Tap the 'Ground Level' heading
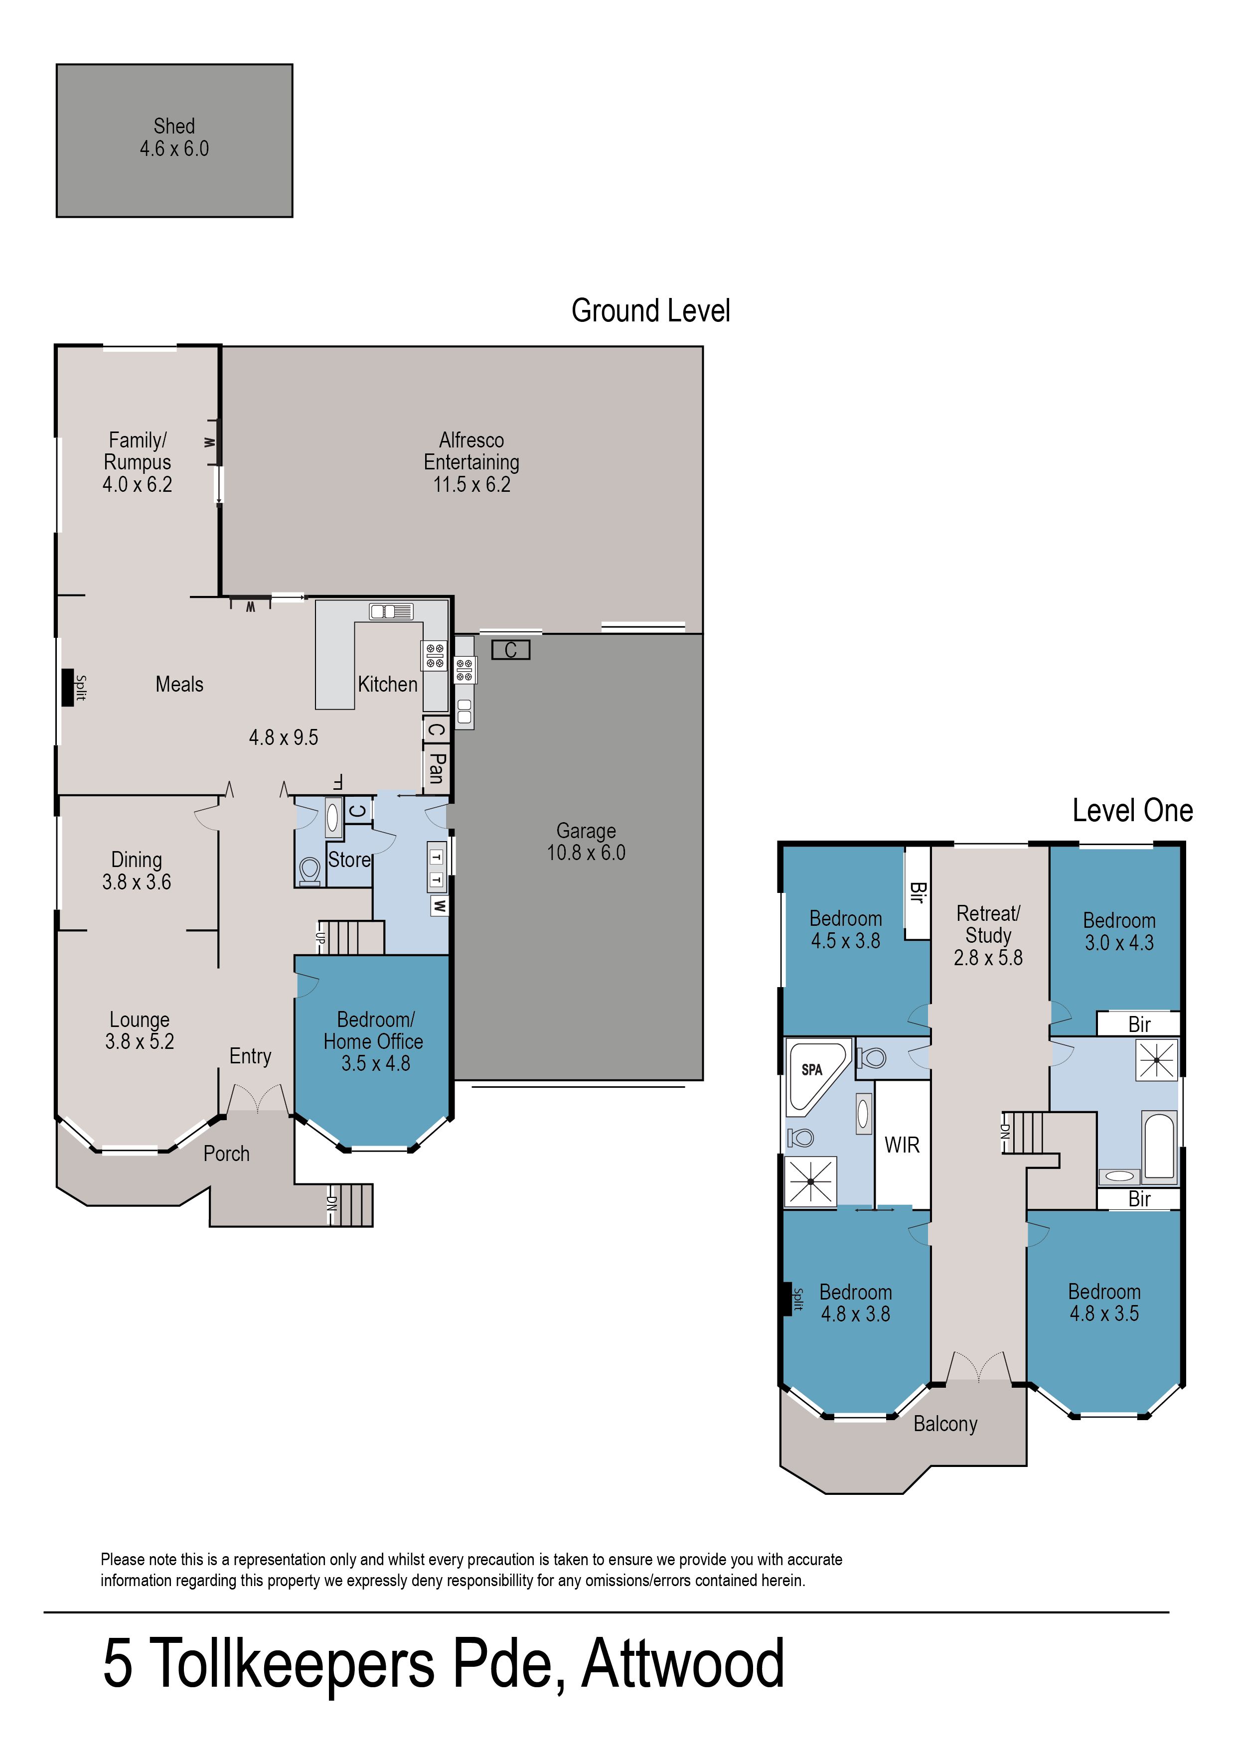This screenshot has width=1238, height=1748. tap(651, 311)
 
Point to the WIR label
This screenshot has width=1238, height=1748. tap(902, 1145)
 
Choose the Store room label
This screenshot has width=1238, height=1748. tap(349, 860)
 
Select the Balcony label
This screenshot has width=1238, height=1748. tap(945, 1424)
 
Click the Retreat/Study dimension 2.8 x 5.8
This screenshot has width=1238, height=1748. tap(988, 958)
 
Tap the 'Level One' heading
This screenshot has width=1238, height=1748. tap(1133, 811)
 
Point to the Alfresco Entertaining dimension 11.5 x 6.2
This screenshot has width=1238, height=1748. tap(472, 485)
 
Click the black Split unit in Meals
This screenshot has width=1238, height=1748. tap(67, 687)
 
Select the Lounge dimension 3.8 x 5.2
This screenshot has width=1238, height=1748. tap(140, 1041)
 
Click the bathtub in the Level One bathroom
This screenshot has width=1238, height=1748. tap(1159, 1145)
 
